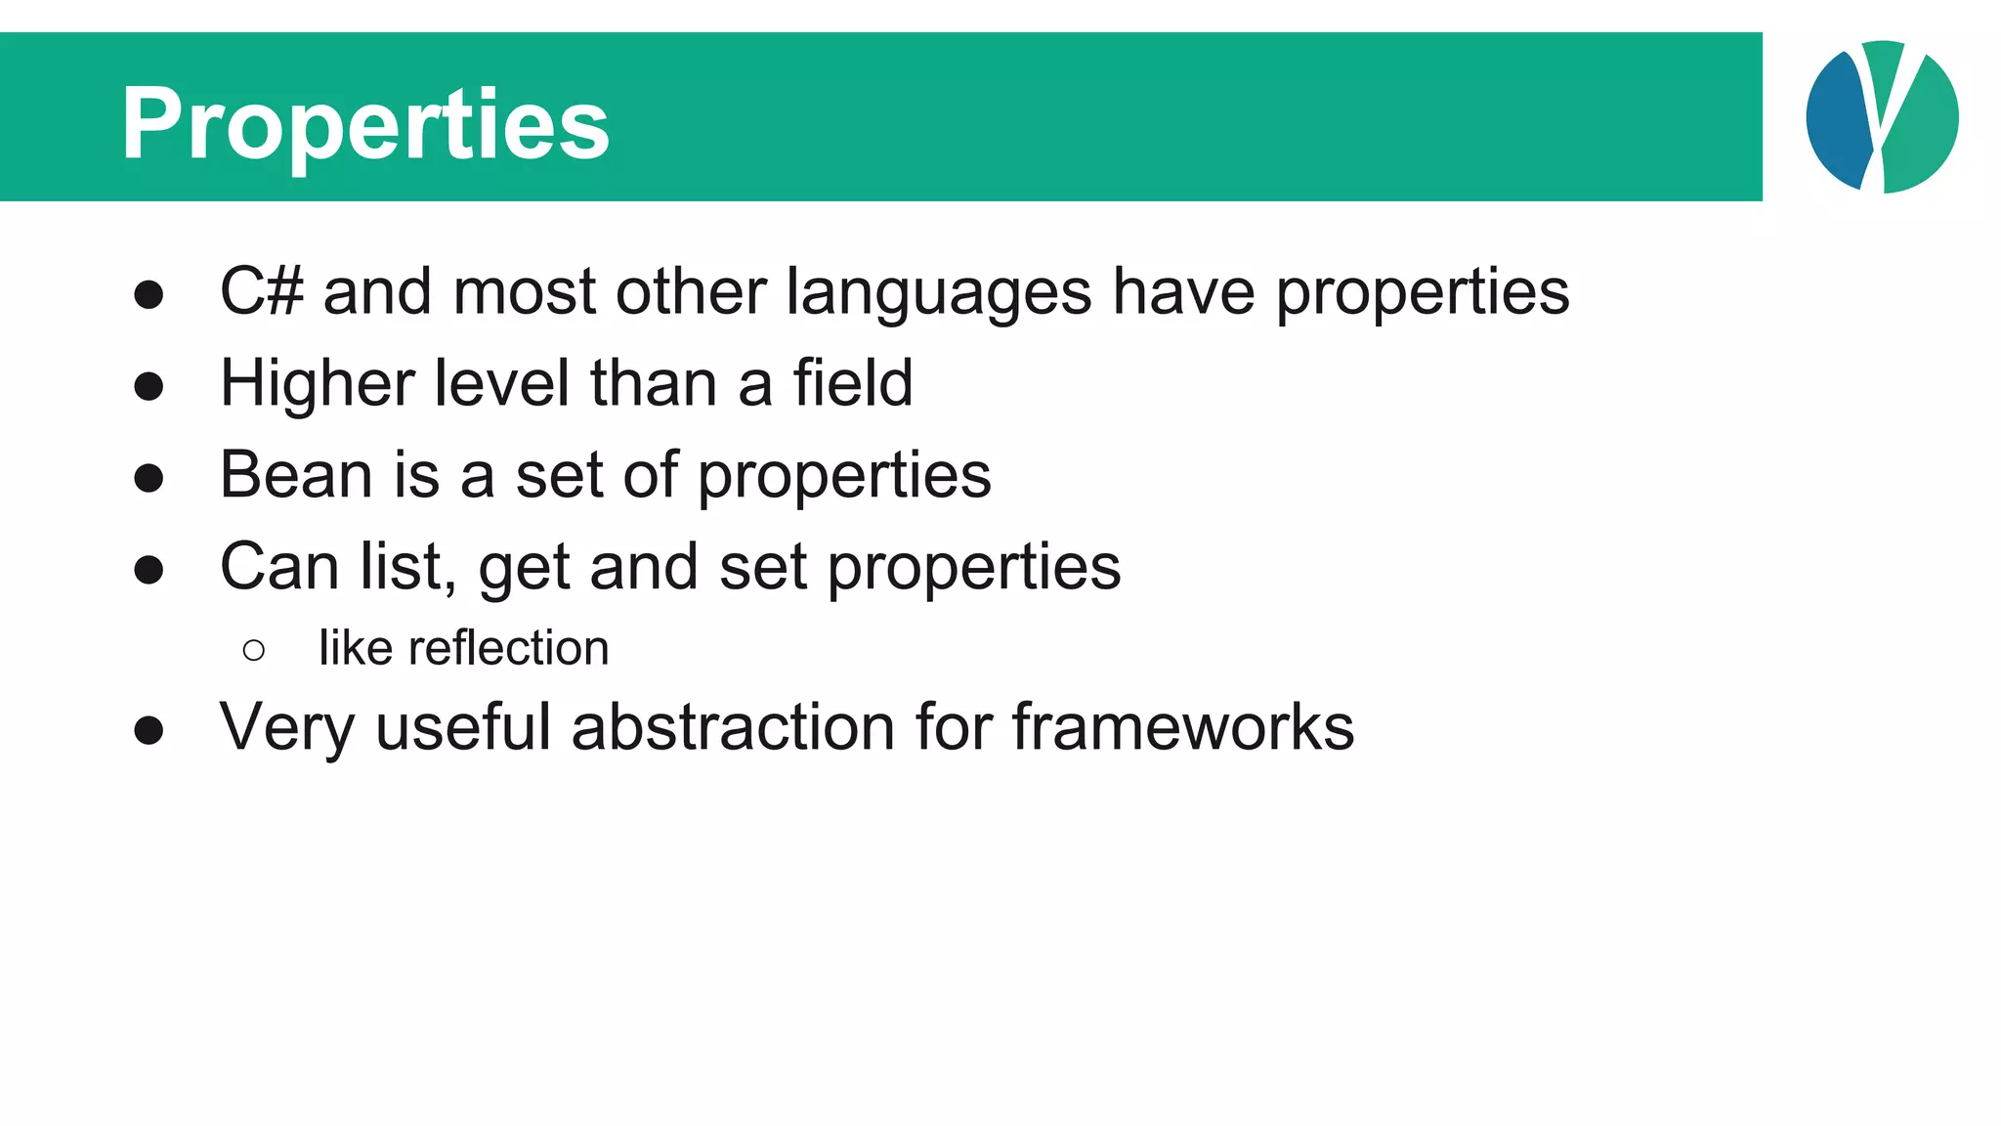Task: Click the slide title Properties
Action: [x=365, y=125]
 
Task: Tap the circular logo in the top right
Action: [x=1882, y=117]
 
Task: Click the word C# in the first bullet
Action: [x=261, y=291]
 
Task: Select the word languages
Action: [x=938, y=293]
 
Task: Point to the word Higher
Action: [x=317, y=383]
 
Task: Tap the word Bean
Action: [x=296, y=475]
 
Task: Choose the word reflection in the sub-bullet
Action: [x=508, y=648]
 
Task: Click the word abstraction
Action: [x=733, y=727]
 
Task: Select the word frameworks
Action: [x=1182, y=727]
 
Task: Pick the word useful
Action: [x=463, y=727]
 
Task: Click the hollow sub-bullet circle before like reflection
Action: [x=253, y=650]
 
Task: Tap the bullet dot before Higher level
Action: [x=149, y=386]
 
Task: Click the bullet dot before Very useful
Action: [x=149, y=730]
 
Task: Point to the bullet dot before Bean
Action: [x=149, y=478]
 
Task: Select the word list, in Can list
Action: [x=407, y=567]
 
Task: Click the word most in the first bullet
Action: [x=524, y=291]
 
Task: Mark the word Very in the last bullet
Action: [x=286, y=728]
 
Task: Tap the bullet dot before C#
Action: [x=149, y=294]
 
